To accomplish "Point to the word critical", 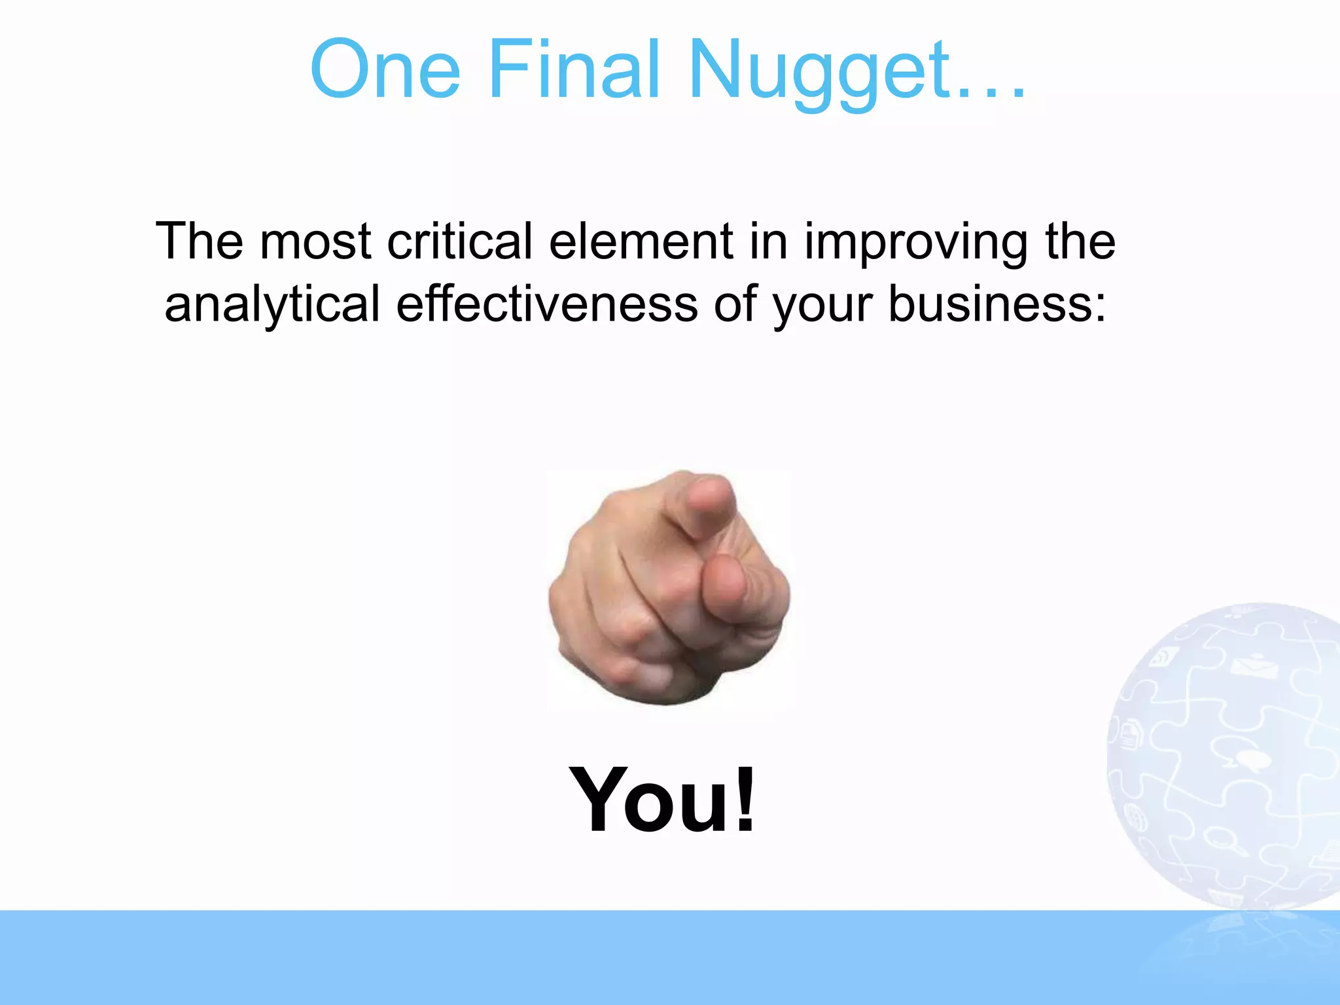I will click(x=459, y=241).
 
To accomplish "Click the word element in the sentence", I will click(x=641, y=241).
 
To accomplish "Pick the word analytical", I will click(x=272, y=305).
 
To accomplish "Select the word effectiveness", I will click(x=547, y=304).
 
